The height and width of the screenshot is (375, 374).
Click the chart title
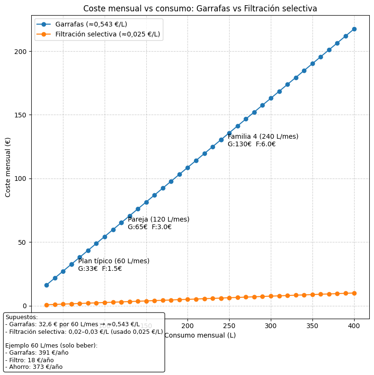coord(200,9)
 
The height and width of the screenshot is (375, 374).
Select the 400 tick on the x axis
coord(354,326)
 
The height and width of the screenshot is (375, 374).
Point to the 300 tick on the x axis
coord(271,326)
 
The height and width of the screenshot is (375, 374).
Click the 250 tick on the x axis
coord(229,326)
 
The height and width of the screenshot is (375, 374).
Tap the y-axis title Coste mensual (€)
coord(8,167)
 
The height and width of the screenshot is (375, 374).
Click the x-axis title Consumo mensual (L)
coord(200,335)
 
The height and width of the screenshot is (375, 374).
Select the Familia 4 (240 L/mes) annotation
coord(263,137)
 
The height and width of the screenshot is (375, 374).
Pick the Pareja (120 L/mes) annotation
coord(159,220)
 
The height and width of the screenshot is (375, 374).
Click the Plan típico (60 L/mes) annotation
coord(114,261)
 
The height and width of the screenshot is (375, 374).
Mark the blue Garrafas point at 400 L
coord(354,29)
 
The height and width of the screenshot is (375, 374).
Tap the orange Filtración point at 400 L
coord(354,293)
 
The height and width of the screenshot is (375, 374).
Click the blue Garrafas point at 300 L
coord(271,98)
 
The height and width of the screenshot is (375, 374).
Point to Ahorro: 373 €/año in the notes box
coord(34,367)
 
